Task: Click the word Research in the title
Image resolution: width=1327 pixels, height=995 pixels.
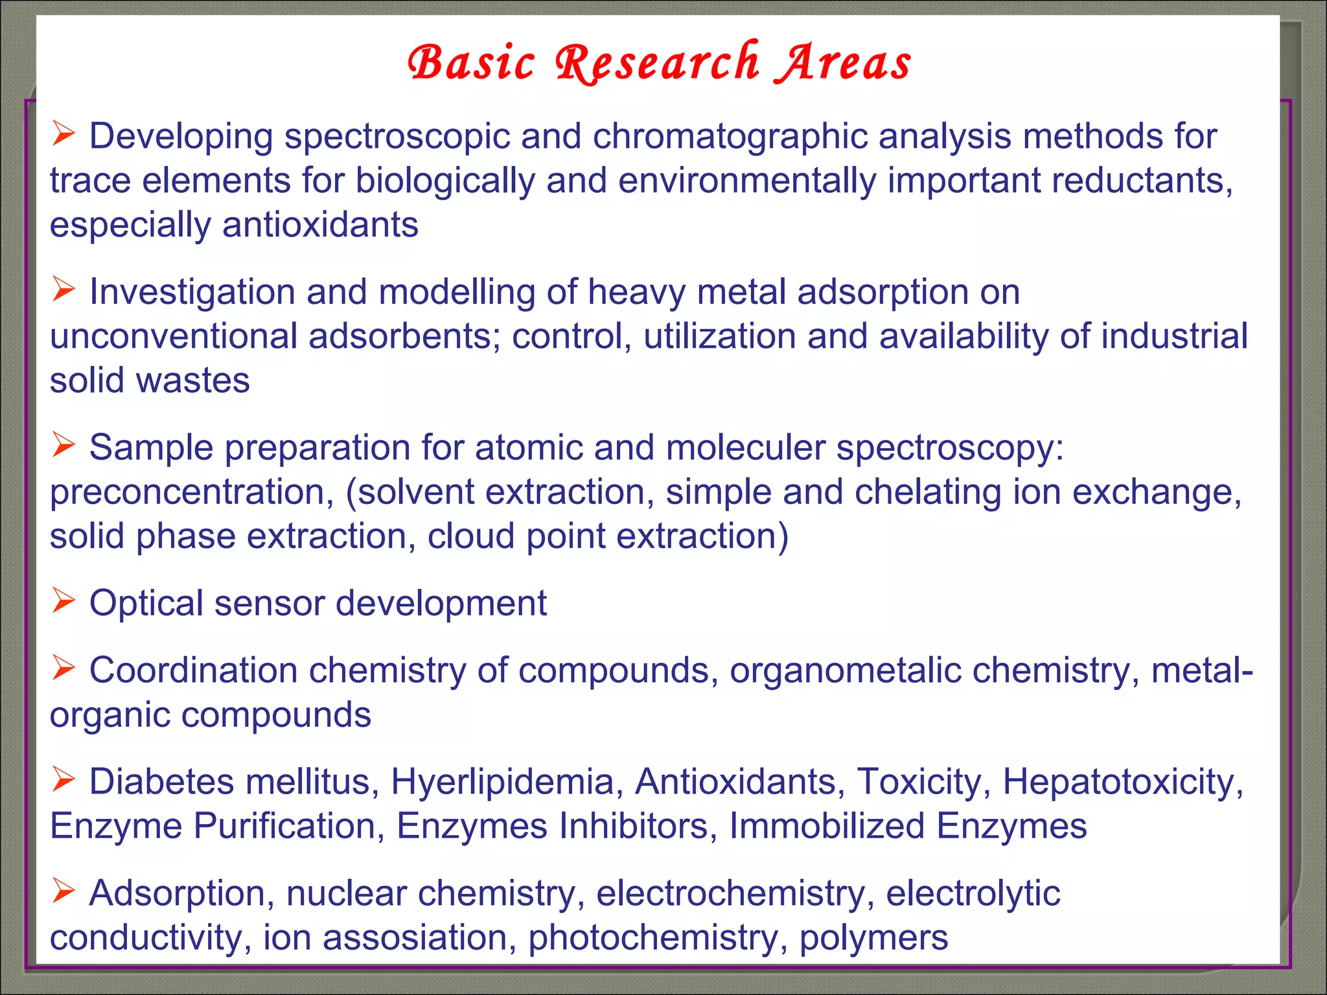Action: (657, 63)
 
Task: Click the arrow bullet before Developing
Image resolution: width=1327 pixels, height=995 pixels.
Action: (64, 134)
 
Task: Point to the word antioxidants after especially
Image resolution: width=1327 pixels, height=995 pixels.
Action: (320, 225)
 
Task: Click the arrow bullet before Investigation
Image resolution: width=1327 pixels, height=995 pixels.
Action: (64, 290)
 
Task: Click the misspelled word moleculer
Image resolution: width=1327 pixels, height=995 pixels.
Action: (745, 448)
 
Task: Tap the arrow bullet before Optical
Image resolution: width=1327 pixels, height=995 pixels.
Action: (64, 600)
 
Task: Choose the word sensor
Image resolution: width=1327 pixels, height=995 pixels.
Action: (269, 603)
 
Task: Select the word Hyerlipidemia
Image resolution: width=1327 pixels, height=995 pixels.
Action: (502, 782)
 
